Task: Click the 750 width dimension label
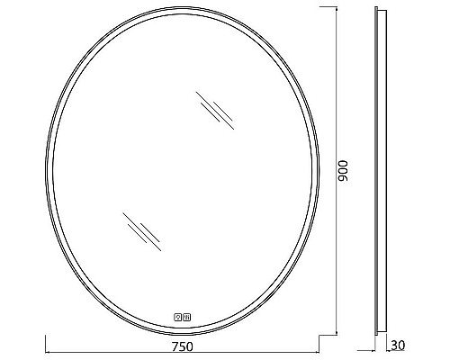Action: [183, 345]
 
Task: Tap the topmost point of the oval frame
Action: [184, 10]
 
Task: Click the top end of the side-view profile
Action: [381, 11]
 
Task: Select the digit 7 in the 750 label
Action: [173, 345]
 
